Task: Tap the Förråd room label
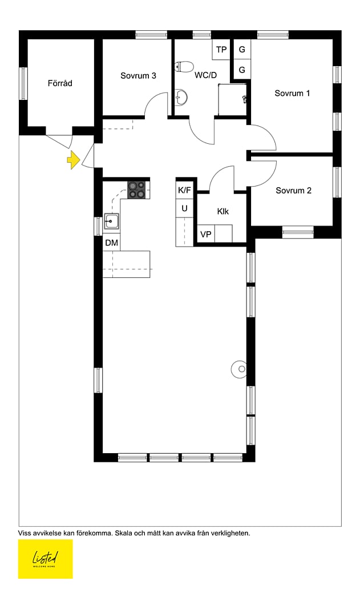point(60,83)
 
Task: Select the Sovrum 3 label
point(138,75)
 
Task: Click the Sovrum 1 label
point(292,93)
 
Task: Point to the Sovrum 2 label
point(293,190)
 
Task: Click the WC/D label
point(205,75)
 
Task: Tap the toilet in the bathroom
point(184,67)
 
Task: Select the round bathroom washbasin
point(181,97)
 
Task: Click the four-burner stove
point(137,190)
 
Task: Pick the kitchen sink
point(111,221)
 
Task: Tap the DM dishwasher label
point(111,243)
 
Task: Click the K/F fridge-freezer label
point(184,190)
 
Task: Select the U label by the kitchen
point(184,208)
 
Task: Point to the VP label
point(206,235)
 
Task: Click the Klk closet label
point(223,212)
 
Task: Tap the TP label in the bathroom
point(221,50)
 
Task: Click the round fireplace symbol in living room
point(240,369)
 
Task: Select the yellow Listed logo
point(46,559)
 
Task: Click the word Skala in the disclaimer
point(123,533)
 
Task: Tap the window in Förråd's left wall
point(23,83)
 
